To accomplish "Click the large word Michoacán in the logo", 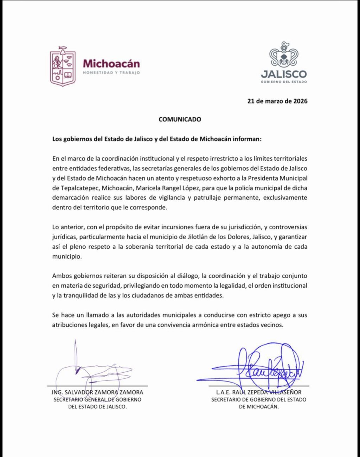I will pyautogui.click(x=111, y=64).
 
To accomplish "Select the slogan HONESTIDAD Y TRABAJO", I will pyautogui.click(x=111, y=73).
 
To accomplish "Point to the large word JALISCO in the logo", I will pyautogui.click(x=284, y=74).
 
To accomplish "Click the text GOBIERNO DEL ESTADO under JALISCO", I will pyautogui.click(x=284, y=82).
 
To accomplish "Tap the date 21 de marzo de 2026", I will pyautogui.click(x=277, y=101).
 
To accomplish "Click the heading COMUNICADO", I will pyautogui.click(x=180, y=119).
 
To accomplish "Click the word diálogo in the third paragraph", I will pyautogui.click(x=187, y=276).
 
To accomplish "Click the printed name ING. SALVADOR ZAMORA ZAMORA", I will pyautogui.click(x=97, y=392).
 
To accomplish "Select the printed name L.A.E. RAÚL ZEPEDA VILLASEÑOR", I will pyautogui.click(x=259, y=392).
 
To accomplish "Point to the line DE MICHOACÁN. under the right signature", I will pyautogui.click(x=259, y=407).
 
